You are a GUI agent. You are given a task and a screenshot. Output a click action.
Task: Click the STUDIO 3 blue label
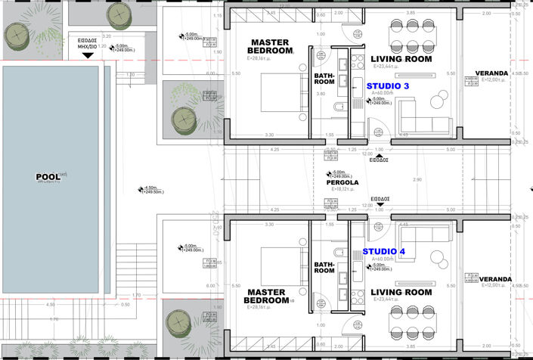[x=388, y=87]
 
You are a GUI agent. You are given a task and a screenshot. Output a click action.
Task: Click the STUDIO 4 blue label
[x=383, y=251]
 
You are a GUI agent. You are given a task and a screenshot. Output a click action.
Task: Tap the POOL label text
[x=48, y=177]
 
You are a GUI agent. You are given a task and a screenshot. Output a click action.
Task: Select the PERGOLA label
[x=337, y=183]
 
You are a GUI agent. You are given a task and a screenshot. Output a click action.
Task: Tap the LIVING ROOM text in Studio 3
[x=401, y=59]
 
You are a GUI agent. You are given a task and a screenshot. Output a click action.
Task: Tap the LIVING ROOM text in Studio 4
[x=401, y=293]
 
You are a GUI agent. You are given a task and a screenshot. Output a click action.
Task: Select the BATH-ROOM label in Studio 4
[x=324, y=267]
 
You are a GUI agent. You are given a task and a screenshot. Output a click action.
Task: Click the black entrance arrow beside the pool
[x=87, y=55]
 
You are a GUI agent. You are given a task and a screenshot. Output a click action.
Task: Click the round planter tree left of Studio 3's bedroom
[x=185, y=119]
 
